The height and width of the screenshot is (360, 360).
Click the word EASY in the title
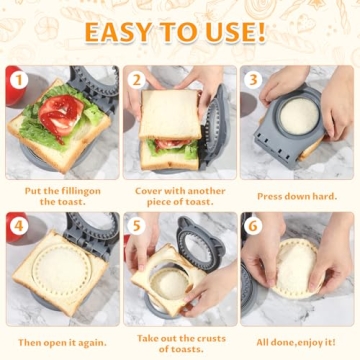point(117,33)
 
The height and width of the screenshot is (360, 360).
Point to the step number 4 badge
point(17,226)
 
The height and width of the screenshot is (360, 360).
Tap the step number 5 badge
point(136,226)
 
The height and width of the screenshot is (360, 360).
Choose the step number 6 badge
point(253,226)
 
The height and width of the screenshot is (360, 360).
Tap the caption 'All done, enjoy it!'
point(296,340)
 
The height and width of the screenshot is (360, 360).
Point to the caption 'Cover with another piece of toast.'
point(178,195)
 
